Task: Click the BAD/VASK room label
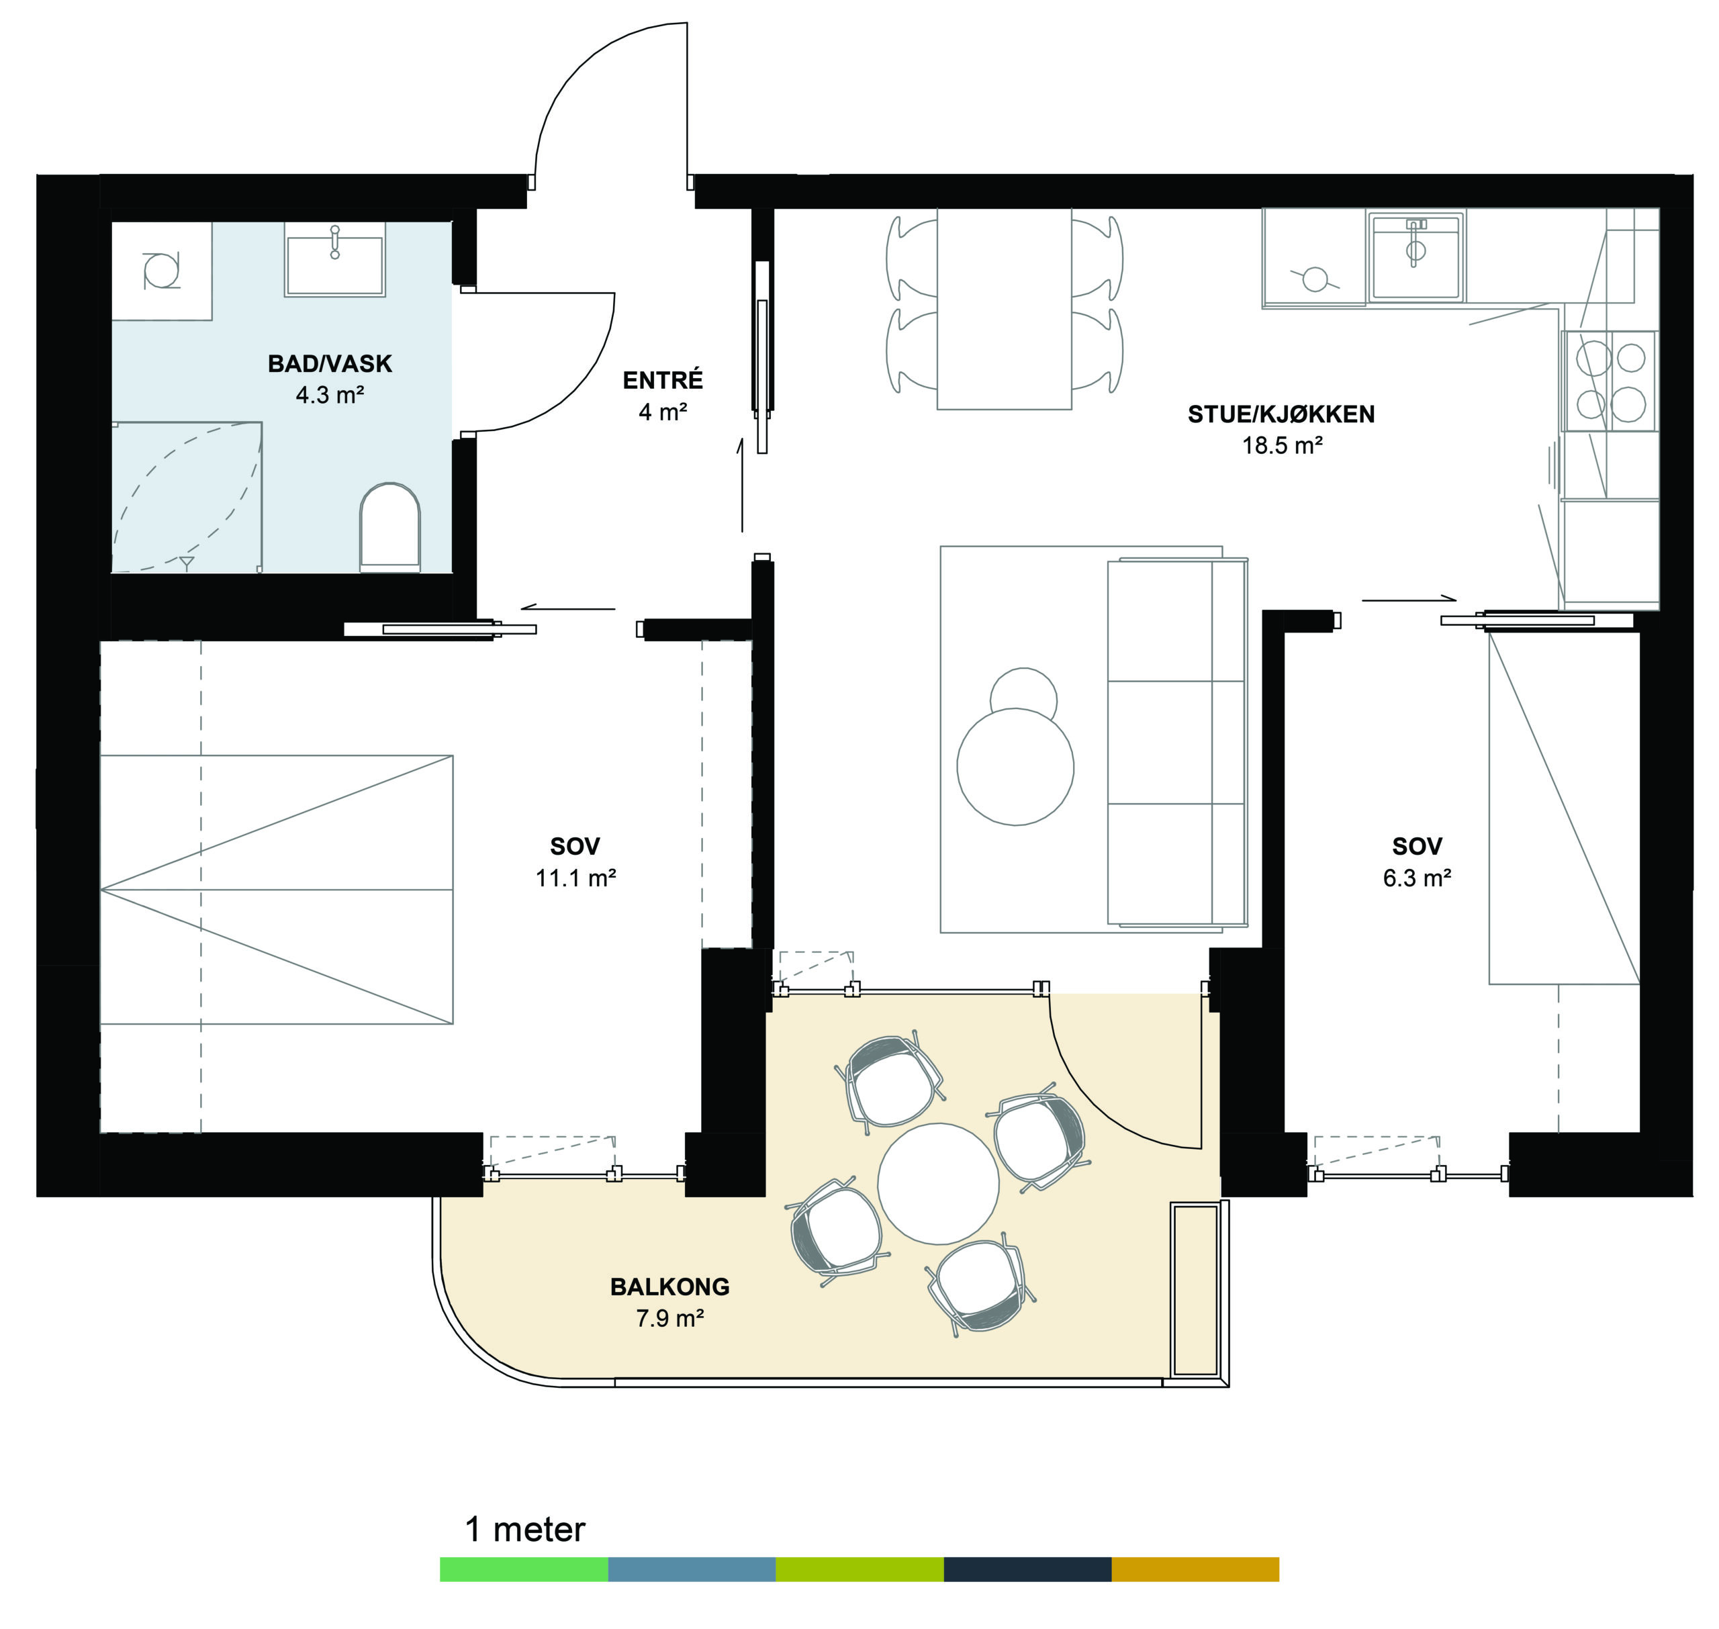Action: pyautogui.click(x=329, y=363)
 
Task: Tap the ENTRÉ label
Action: pyautogui.click(x=663, y=379)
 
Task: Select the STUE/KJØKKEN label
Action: pyautogui.click(x=1281, y=414)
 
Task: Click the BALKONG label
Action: pyautogui.click(x=669, y=1287)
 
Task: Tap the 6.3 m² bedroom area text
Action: pyautogui.click(x=1417, y=878)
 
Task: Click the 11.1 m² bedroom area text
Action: pyautogui.click(x=575, y=878)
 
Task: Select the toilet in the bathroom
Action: pyautogui.click(x=390, y=527)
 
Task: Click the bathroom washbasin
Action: pyautogui.click(x=335, y=259)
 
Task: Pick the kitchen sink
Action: pyautogui.click(x=1415, y=257)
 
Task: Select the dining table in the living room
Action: pyautogui.click(x=1004, y=309)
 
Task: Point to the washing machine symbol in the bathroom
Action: pyautogui.click(x=161, y=271)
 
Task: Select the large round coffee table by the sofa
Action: pyautogui.click(x=1015, y=767)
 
